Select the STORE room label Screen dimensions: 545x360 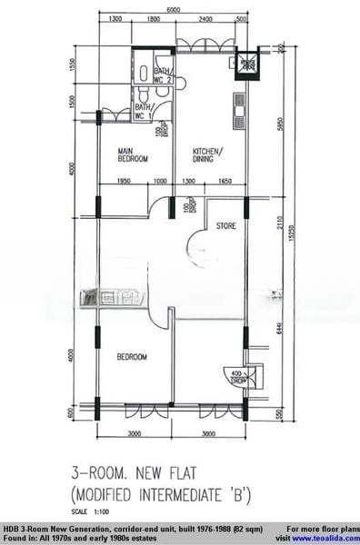point(227,228)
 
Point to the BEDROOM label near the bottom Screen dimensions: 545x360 point(131,357)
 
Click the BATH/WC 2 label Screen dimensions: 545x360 point(165,76)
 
